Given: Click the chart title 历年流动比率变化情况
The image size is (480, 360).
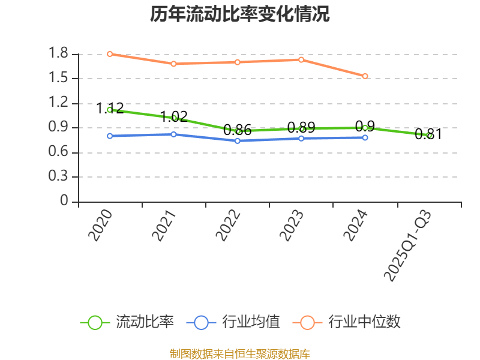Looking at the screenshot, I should (x=240, y=14).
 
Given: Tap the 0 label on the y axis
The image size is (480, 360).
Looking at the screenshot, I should (x=65, y=202).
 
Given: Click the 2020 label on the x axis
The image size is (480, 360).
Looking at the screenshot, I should (x=101, y=226).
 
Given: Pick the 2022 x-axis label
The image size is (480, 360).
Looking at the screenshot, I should (x=229, y=226).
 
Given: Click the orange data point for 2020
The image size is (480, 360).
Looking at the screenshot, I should (x=110, y=54).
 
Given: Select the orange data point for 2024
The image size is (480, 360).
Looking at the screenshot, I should (x=365, y=76).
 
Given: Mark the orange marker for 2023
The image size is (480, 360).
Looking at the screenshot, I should (x=301, y=59).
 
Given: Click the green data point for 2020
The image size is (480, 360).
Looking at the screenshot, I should (x=110, y=110).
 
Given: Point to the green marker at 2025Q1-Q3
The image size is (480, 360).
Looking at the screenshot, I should (x=429, y=136).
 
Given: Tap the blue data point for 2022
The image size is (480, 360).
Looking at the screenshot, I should (x=238, y=141).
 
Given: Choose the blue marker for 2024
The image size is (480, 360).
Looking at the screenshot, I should (x=365, y=138).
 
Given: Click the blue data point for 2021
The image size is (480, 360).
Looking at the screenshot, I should (x=173, y=134).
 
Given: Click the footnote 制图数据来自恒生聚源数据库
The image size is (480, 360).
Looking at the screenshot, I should (x=240, y=353).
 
